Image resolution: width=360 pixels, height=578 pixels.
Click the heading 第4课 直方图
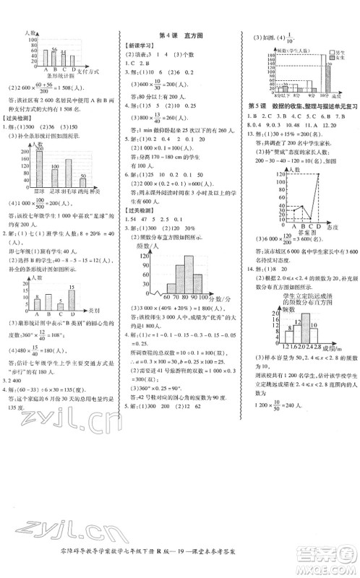pyautogui.click(x=181, y=34)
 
